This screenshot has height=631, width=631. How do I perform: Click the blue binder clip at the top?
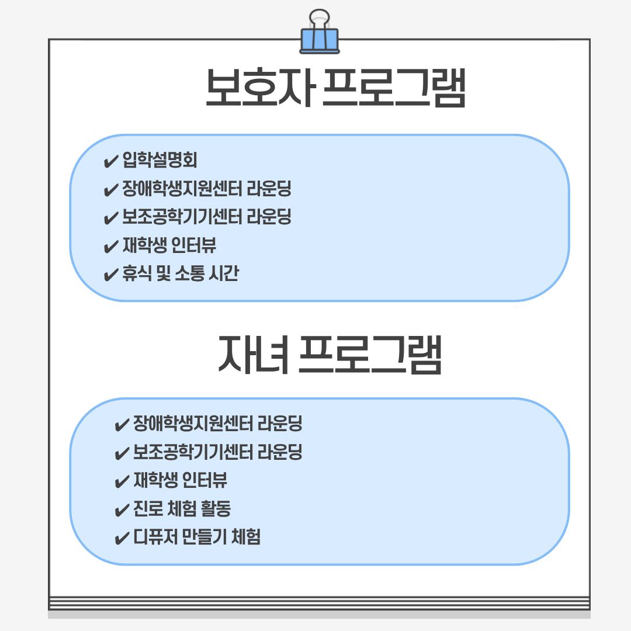[320, 32]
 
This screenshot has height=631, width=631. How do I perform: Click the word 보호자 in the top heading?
[259, 88]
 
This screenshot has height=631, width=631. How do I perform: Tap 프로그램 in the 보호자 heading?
[394, 88]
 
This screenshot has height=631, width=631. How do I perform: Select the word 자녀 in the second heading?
[253, 354]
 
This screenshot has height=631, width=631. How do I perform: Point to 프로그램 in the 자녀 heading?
[370, 354]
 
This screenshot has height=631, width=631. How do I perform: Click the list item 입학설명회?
[160, 160]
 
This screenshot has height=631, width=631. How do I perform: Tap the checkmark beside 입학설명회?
[110, 161]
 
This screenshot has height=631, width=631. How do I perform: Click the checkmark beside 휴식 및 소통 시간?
[110, 275]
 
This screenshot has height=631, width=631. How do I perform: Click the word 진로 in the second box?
[148, 508]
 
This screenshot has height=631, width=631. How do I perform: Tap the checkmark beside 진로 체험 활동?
[122, 510]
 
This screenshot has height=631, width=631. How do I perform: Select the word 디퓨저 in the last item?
[155, 536]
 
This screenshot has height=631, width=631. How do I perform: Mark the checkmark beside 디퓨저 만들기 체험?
[122, 538]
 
